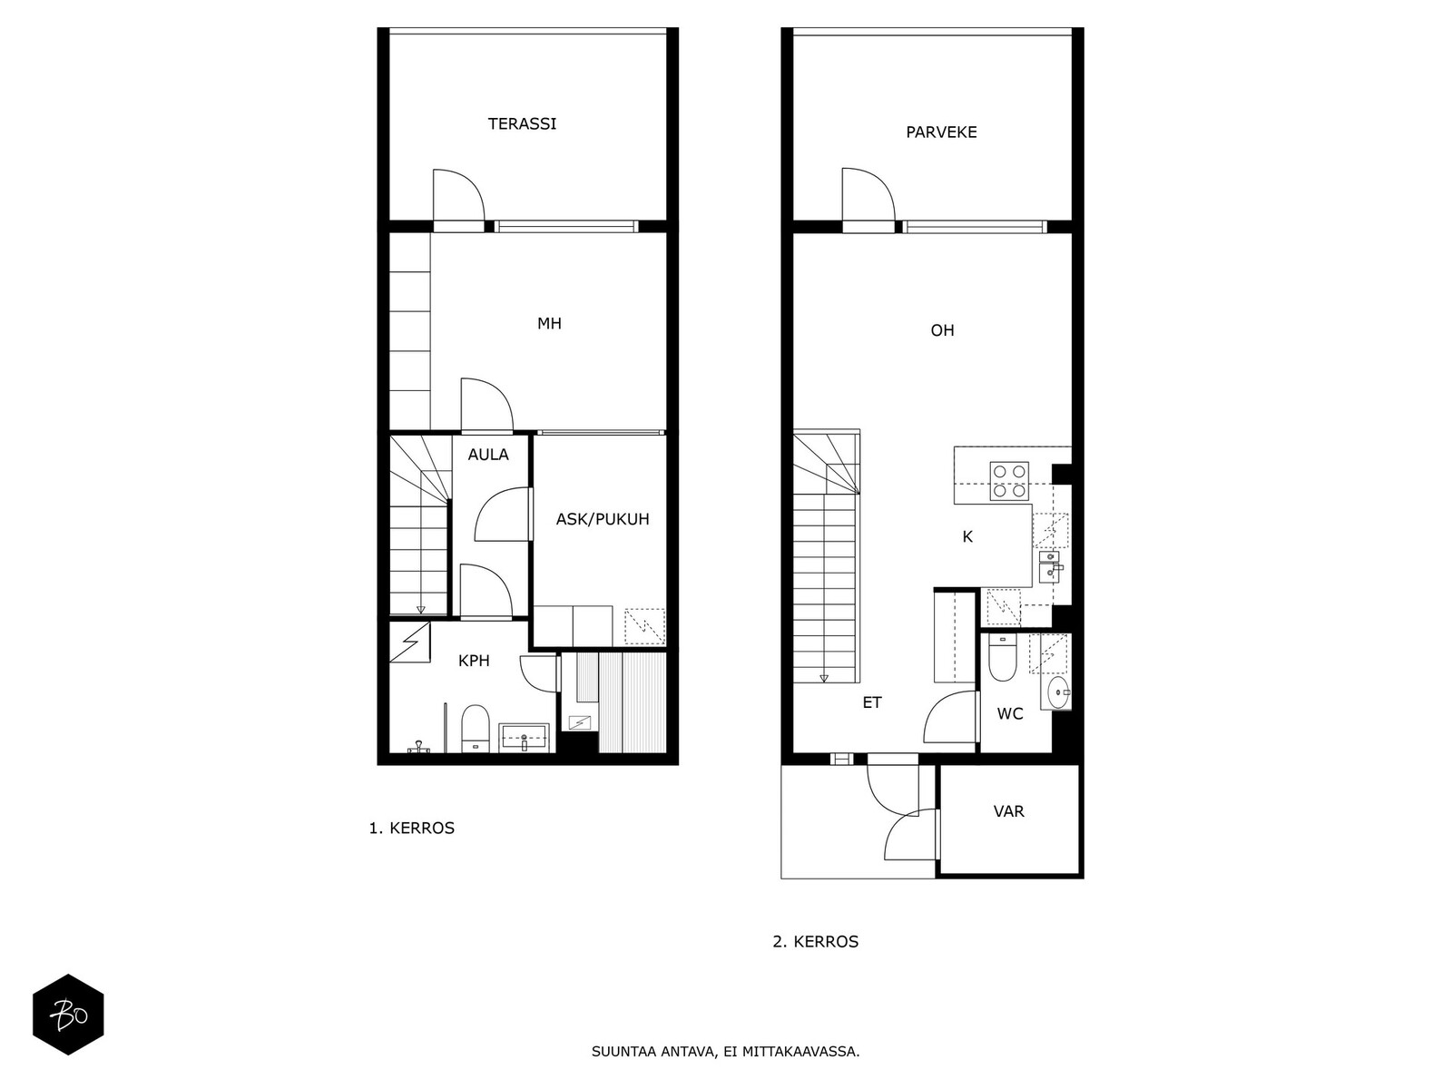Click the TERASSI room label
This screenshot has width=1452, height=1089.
tap(522, 123)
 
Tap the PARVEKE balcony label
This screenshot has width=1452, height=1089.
tap(941, 132)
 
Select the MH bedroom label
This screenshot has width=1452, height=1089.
tap(549, 323)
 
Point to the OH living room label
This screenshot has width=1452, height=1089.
tap(942, 330)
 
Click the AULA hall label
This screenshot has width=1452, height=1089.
tap(488, 455)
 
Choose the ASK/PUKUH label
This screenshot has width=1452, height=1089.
tap(602, 519)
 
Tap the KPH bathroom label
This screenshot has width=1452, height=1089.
tap(474, 661)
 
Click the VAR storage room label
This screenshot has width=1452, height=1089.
tap(1008, 811)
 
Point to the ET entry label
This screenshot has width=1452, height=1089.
tap(872, 702)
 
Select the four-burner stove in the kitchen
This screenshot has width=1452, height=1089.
tap(1009, 481)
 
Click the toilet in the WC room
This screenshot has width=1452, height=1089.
tap(1002, 658)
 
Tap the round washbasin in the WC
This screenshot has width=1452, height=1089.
tap(1059, 692)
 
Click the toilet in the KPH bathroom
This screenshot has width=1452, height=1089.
tap(475, 728)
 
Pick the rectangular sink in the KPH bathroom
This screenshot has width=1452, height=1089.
tap(524, 737)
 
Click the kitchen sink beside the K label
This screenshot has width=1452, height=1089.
tap(1049, 566)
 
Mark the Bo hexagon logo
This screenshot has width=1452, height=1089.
tap(68, 1015)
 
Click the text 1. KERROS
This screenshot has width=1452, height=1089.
tap(411, 828)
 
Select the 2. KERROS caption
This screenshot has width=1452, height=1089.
tap(815, 942)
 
